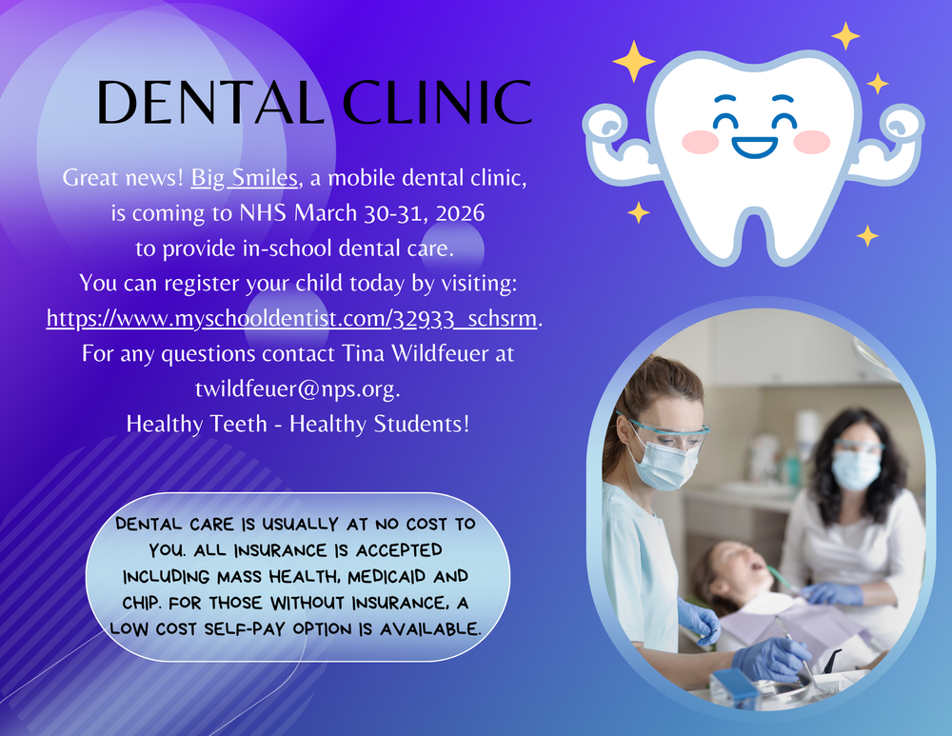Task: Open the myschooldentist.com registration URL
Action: pos(292,318)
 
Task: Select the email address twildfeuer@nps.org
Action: pos(297,389)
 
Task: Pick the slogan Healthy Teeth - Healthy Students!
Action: pos(298,425)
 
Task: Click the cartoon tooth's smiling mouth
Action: pos(754,148)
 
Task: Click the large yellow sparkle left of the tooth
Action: pos(633,61)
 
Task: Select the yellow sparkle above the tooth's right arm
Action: pos(877,84)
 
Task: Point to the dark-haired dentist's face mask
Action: pos(855,469)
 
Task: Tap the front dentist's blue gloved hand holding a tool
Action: pos(772,660)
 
